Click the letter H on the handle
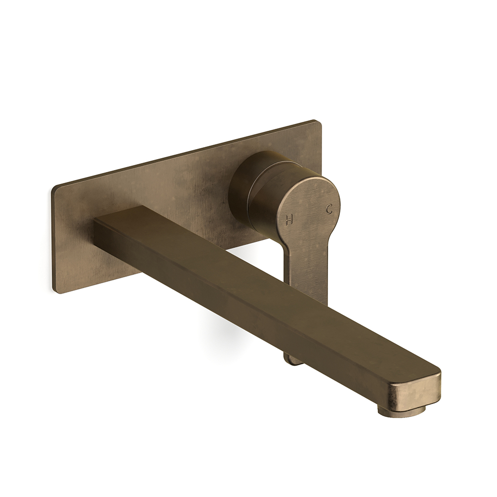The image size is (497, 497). pyautogui.click(x=289, y=220)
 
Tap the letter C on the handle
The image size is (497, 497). pyautogui.click(x=329, y=209)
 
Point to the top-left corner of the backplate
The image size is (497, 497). pyautogui.click(x=55, y=188)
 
